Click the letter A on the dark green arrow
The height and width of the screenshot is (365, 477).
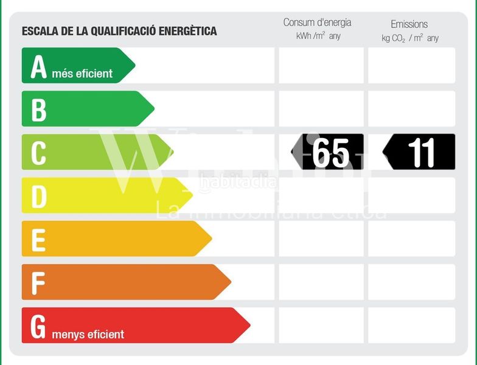38,67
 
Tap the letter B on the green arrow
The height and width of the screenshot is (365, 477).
38,110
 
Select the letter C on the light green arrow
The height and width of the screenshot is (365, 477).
38,153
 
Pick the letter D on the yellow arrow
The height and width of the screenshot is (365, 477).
38,196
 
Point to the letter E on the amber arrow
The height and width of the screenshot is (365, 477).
38,240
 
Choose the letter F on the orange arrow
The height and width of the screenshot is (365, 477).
38,283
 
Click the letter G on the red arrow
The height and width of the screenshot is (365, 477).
38,326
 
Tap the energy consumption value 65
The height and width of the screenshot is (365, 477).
330,153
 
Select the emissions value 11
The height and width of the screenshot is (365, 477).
421,153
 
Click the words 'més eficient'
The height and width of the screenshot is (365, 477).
86,74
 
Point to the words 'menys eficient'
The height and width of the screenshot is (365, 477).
88,334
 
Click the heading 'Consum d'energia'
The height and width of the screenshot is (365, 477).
317,23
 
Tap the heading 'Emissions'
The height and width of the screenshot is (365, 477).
409,24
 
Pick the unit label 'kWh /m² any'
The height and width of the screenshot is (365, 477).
318,36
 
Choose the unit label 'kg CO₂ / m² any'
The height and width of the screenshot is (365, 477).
409,38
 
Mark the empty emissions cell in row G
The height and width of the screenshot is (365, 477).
411,325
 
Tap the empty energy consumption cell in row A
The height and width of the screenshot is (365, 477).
321,66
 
